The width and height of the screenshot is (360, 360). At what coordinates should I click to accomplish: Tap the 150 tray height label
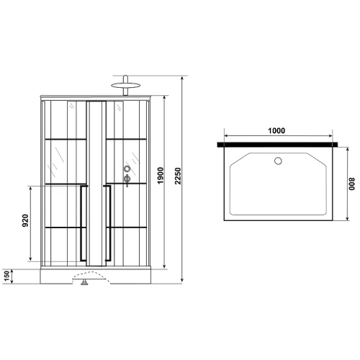pos(6,276)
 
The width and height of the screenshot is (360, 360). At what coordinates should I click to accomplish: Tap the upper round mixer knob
pos(127,170)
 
